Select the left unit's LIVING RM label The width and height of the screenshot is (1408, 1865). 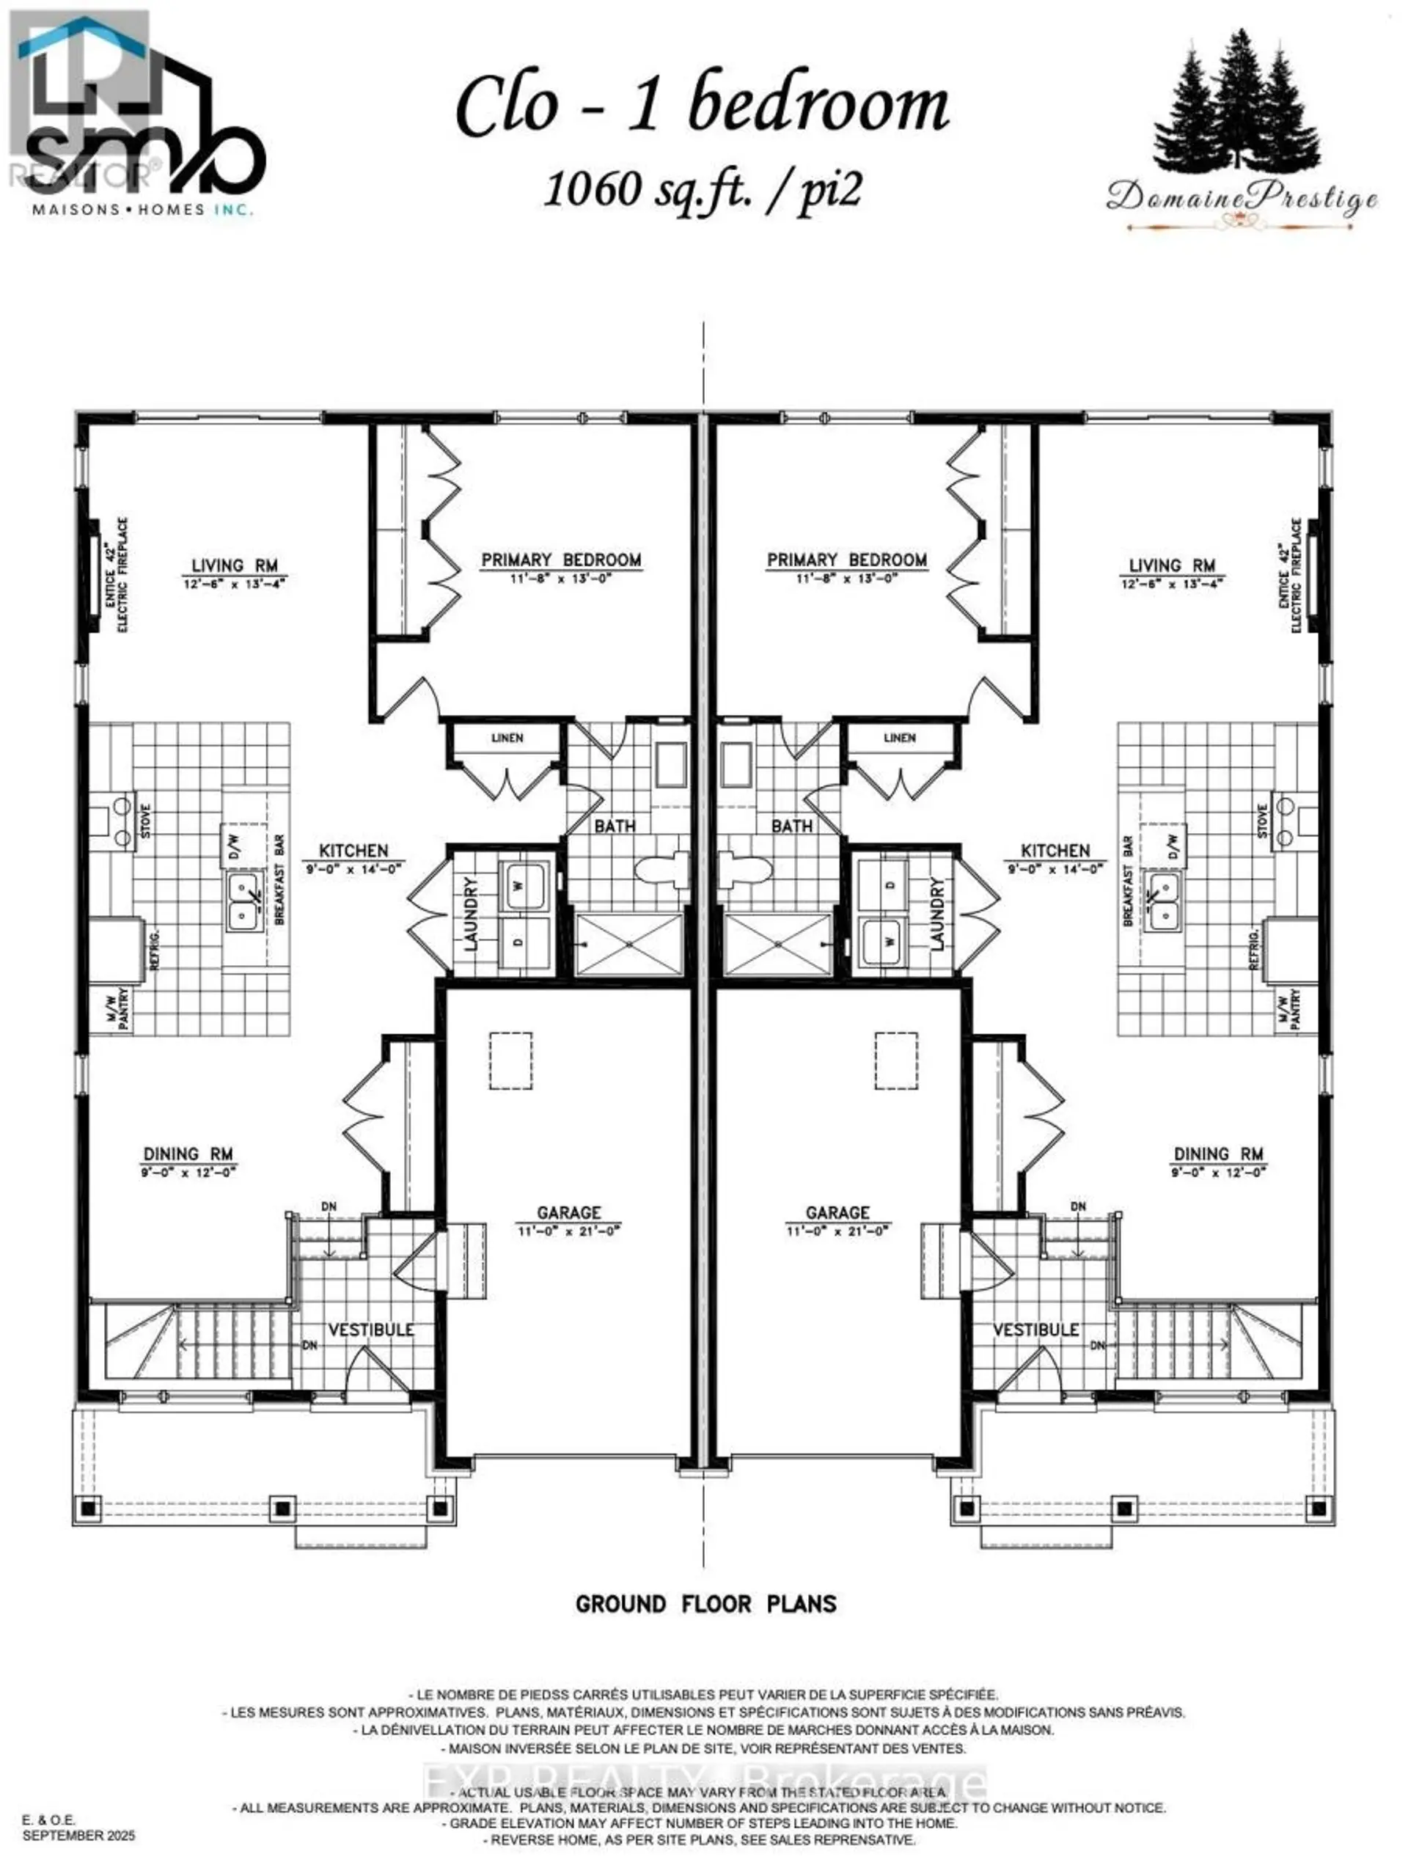pos(235,565)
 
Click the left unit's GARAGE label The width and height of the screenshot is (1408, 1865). pos(569,1212)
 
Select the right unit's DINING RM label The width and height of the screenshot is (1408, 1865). pos(1218,1154)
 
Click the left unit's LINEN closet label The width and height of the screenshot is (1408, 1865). pos(507,738)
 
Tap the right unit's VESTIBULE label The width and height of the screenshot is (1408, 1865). pos(1035,1330)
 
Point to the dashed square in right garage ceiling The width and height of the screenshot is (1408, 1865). pos(895,1060)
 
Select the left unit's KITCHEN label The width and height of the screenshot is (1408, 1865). pos(353,851)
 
